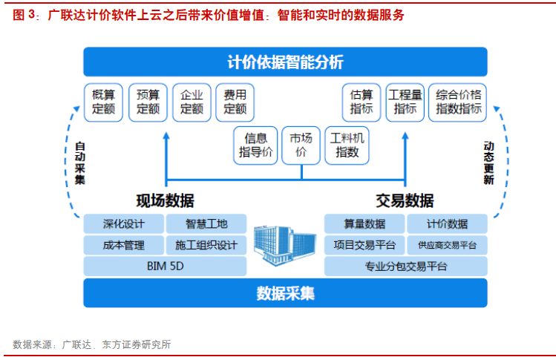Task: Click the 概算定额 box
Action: point(103,102)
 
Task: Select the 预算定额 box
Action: point(148,102)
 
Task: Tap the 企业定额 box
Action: point(192,102)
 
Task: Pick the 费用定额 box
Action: point(235,102)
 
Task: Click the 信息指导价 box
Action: point(255,145)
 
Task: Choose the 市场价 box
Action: point(301,145)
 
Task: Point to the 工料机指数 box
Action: point(347,145)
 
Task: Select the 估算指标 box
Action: point(362,102)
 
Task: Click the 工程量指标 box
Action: point(405,102)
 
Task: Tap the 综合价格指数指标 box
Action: point(458,102)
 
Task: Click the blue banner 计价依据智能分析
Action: point(286,62)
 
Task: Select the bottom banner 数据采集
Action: point(286,293)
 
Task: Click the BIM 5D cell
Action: point(166,266)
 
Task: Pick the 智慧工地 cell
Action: point(206,224)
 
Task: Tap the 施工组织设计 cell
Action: point(206,245)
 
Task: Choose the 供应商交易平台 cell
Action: point(447,245)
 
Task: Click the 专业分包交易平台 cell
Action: point(406,266)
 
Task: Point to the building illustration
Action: point(285,245)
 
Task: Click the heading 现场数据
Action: point(166,200)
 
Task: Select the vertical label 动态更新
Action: point(488,163)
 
